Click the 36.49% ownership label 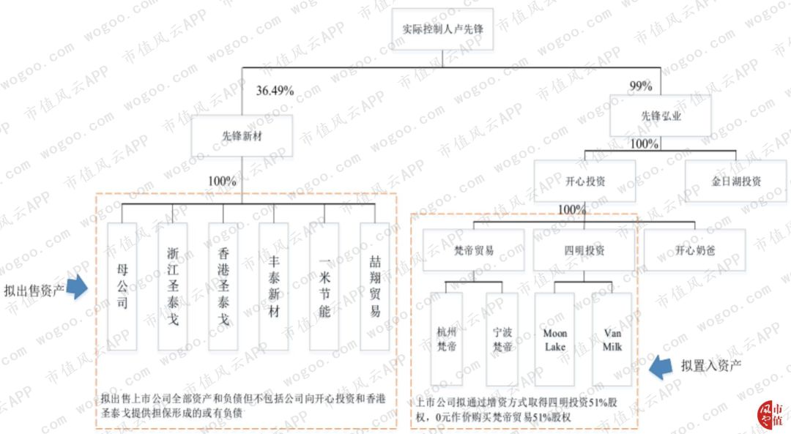[x=275, y=91]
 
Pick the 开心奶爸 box [x=694, y=250]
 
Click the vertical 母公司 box [x=122, y=286]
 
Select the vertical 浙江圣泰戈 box [x=173, y=286]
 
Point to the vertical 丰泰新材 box [x=273, y=286]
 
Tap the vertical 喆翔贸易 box [x=375, y=286]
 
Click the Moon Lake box [x=554, y=339]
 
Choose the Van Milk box [x=612, y=339]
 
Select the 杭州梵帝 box [x=446, y=339]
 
